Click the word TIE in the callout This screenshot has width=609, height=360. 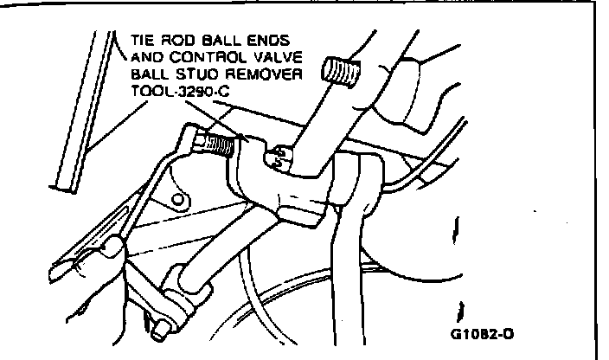coord(144,41)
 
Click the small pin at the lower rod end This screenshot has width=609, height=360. coord(157,328)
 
